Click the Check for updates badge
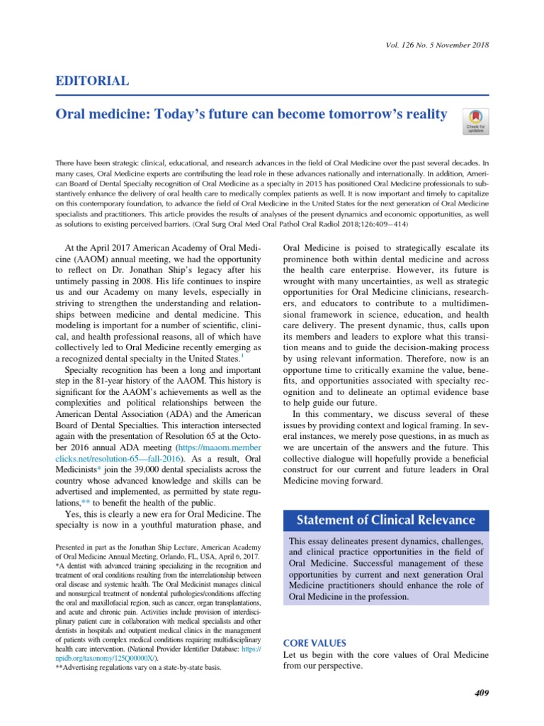pos(474,121)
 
